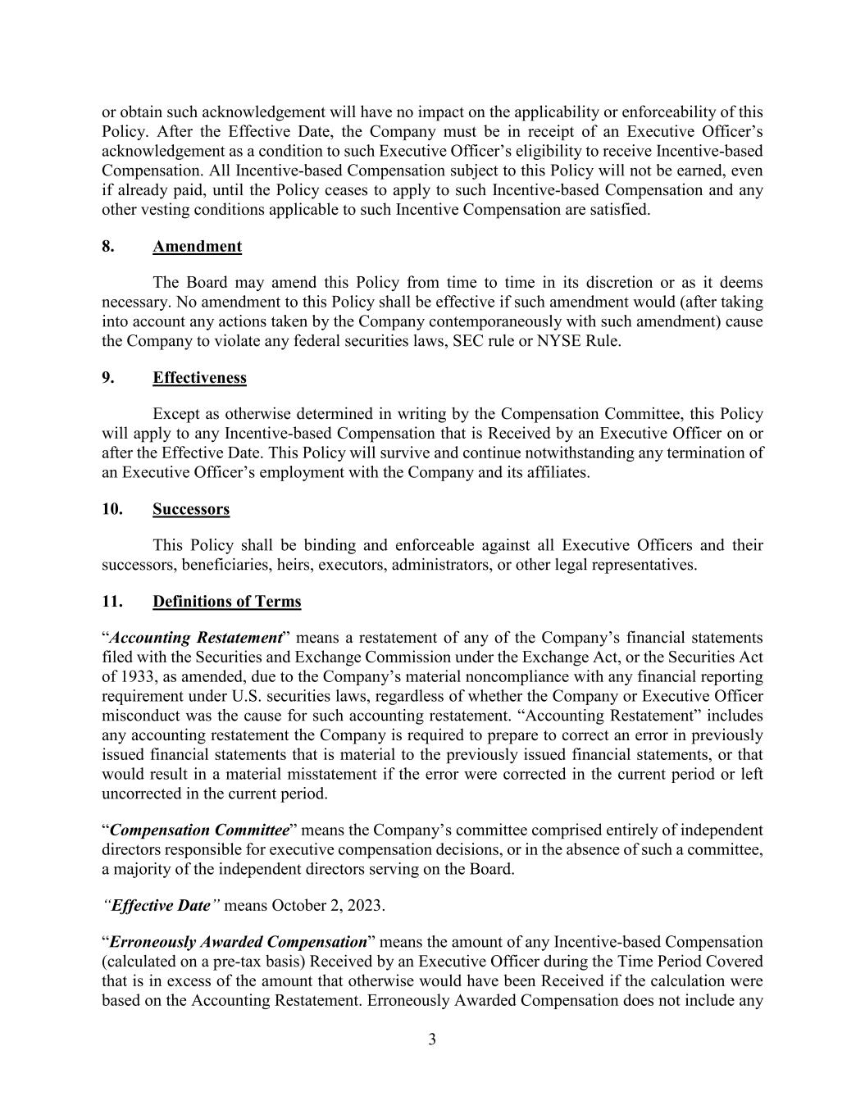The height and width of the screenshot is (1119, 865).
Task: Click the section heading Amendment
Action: (197, 247)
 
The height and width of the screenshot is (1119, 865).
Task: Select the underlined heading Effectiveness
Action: (199, 378)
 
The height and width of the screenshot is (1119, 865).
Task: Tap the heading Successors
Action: (191, 509)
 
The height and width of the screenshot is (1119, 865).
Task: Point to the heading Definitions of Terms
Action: (226, 602)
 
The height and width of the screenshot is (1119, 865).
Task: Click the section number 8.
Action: (108, 247)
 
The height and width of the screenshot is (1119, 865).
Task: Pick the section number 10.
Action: (112, 509)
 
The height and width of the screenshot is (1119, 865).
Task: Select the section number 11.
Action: (112, 602)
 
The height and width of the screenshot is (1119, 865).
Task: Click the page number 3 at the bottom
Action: (432, 1040)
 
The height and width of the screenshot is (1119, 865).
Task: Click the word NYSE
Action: (558, 341)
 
